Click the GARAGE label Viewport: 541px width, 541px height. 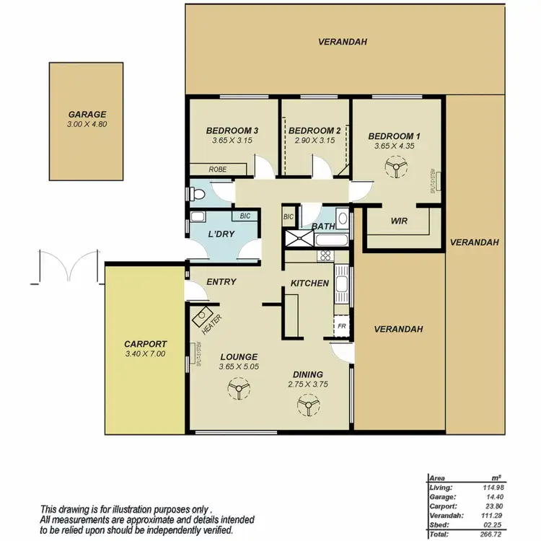pos(87,114)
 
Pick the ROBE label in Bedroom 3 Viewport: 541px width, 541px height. pos(217,169)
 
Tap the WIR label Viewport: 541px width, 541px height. pos(400,221)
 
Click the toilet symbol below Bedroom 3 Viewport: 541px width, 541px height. pos(199,193)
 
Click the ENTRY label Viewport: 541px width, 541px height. pos(221,281)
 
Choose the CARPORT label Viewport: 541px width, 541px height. pos(145,344)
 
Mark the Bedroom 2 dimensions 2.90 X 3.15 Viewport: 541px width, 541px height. pos(315,141)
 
